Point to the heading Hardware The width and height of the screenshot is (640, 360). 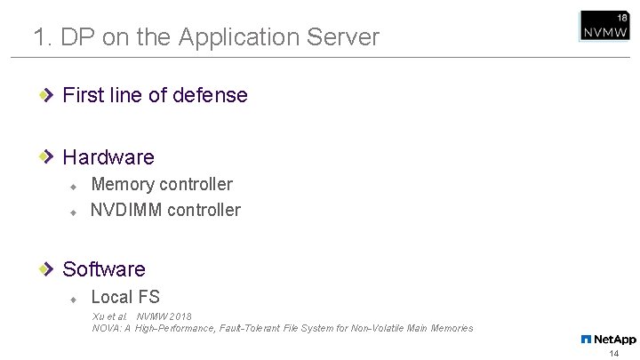108,157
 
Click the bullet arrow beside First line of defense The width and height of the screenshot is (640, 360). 50,94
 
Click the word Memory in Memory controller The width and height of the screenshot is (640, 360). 124,184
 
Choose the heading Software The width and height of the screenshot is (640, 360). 104,268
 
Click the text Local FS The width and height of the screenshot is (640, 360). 125,297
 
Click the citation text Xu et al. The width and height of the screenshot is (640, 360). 109,316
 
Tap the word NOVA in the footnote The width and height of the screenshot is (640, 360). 106,329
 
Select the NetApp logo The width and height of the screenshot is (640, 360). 608,339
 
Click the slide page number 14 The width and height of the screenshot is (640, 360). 613,353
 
